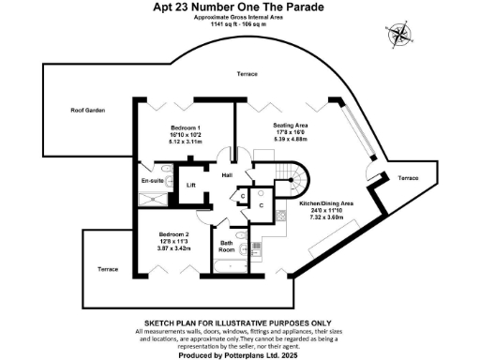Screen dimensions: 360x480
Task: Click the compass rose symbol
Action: coord(400,36)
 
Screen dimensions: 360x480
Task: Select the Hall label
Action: coord(227,175)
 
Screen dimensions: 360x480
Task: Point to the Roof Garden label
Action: coord(85,111)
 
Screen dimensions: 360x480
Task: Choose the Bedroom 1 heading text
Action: coord(187,127)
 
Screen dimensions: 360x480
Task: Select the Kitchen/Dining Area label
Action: coord(325,203)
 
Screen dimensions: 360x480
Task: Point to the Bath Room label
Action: coord(227,247)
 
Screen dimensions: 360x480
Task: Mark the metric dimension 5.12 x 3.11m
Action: coord(187,142)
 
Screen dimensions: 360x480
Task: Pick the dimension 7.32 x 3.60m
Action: coord(325,217)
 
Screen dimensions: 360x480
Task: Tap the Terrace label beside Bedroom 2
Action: coord(109,270)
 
